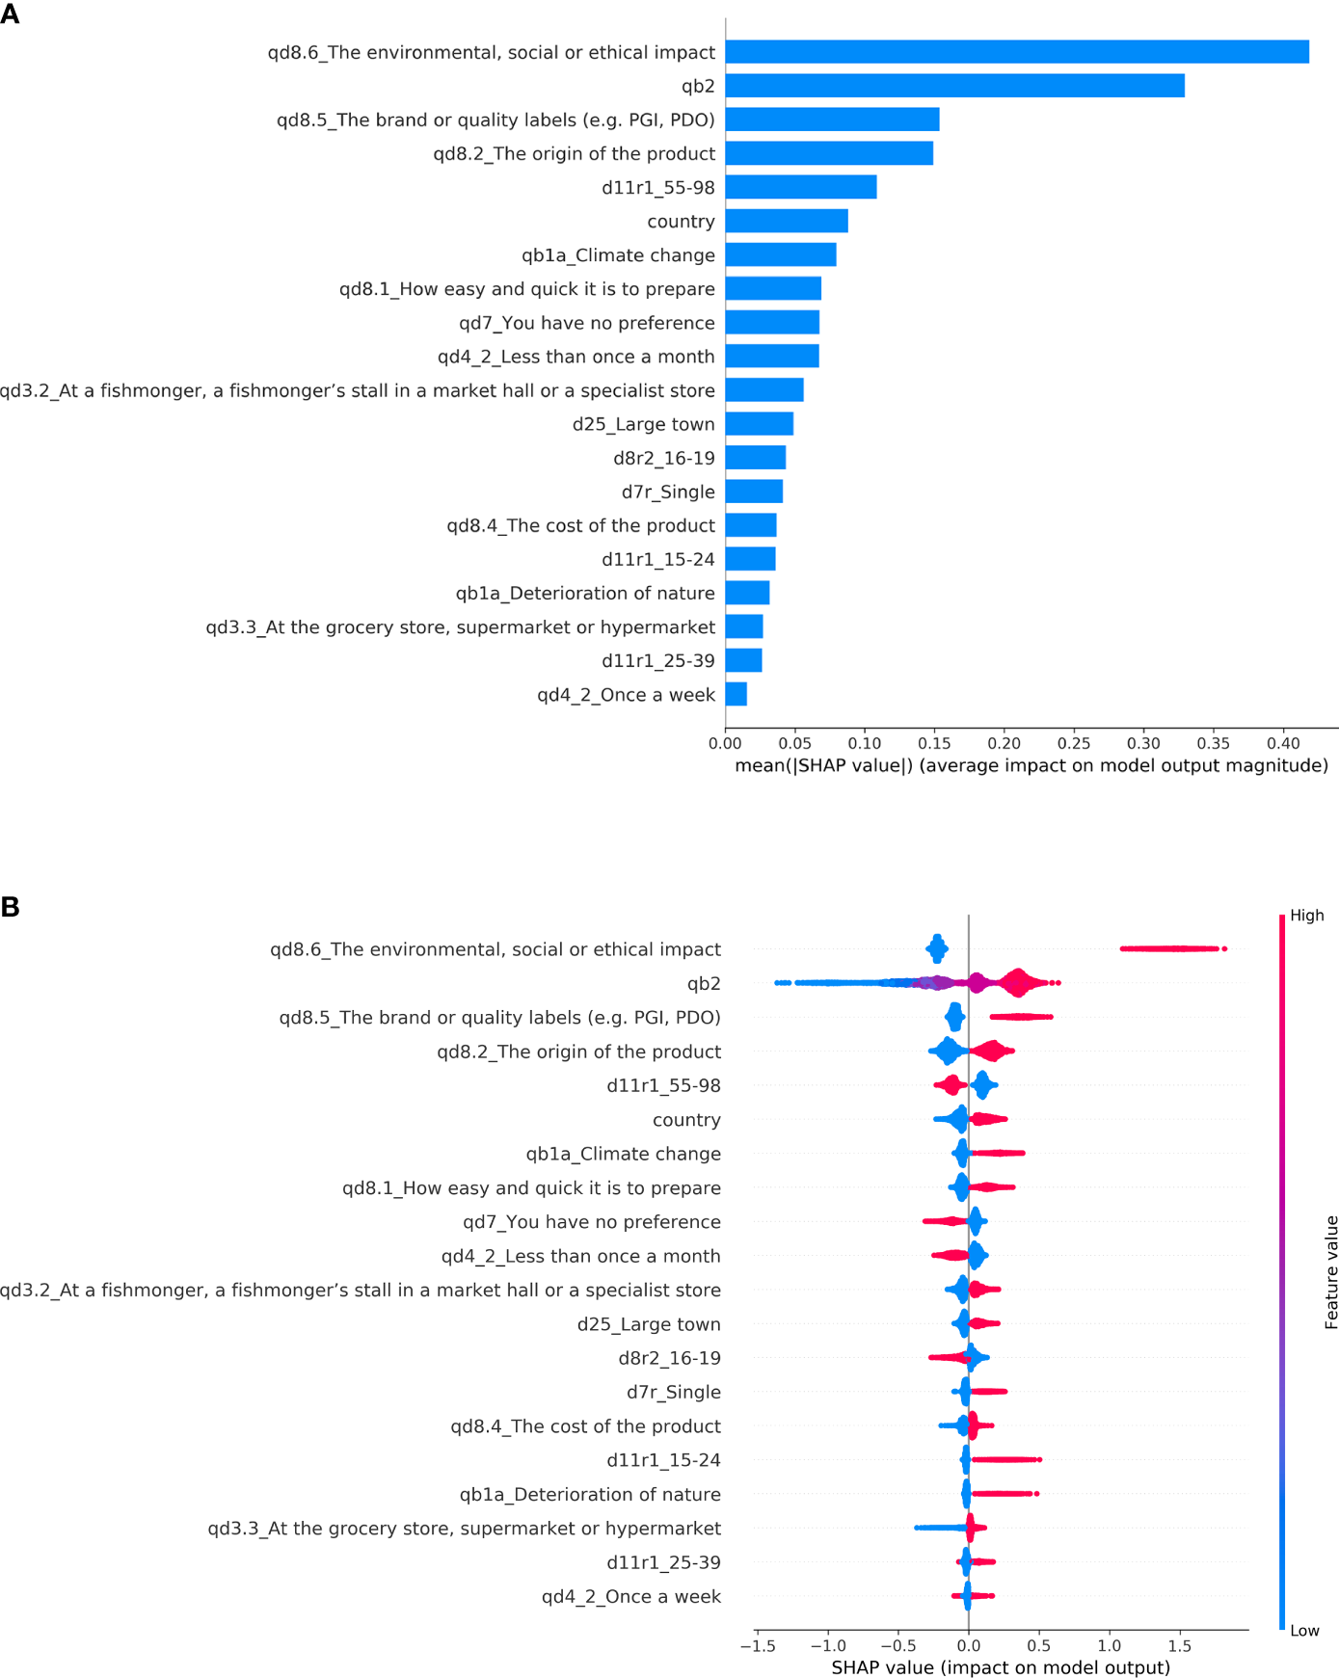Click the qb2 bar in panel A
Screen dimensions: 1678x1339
click(x=954, y=86)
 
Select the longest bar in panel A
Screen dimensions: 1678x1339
click(x=1017, y=52)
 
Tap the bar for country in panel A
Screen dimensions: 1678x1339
click(x=787, y=221)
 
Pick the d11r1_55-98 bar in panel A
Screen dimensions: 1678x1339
click(x=800, y=187)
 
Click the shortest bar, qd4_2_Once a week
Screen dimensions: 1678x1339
click(x=736, y=694)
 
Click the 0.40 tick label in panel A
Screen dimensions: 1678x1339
click(x=1283, y=743)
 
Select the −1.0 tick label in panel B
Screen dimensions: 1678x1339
click(x=826, y=1645)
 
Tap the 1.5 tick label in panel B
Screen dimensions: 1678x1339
click(x=1179, y=1645)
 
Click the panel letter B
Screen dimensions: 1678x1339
click(x=10, y=907)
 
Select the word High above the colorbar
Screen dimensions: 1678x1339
click(x=1306, y=916)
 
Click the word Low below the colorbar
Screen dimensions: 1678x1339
click(x=1304, y=1631)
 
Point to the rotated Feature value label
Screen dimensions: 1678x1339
click(x=1331, y=1272)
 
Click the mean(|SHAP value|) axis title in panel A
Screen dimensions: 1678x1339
click(x=1031, y=765)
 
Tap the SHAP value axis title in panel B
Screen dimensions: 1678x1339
click(x=1001, y=1667)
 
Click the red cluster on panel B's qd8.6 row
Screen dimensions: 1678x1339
click(x=1171, y=949)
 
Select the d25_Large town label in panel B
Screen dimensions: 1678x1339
click(x=648, y=1324)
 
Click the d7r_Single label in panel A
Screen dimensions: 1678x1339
click(x=667, y=492)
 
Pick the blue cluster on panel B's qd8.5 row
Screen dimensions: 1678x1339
click(x=954, y=1017)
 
